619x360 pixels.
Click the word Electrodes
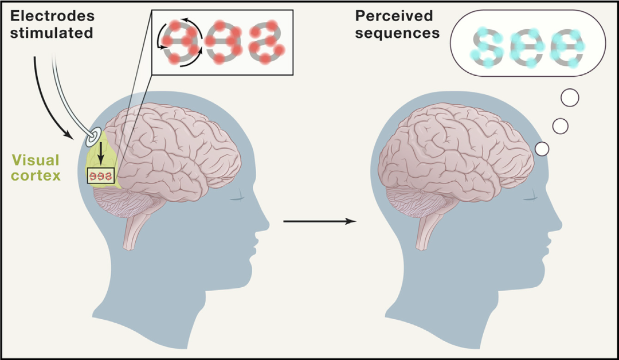(52, 16)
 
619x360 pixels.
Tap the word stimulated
(52, 33)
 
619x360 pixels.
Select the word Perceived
(394, 16)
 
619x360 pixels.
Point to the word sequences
(397, 33)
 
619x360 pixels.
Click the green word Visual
(36, 160)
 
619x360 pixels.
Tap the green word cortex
(36, 175)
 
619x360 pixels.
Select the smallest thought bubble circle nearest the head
(542, 149)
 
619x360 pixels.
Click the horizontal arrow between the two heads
(320, 221)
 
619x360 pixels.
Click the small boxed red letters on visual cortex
(101, 176)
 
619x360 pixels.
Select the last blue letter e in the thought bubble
(566, 48)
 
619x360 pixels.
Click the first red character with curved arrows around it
(181, 42)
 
